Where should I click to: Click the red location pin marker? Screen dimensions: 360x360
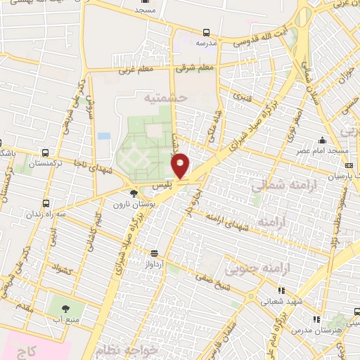click(x=181, y=166)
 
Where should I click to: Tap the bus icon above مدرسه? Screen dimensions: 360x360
click(x=206, y=32)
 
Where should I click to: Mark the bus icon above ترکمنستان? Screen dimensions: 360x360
click(x=46, y=153)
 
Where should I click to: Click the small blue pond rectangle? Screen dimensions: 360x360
click(x=104, y=135)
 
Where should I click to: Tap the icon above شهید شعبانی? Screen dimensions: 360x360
click(x=281, y=289)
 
